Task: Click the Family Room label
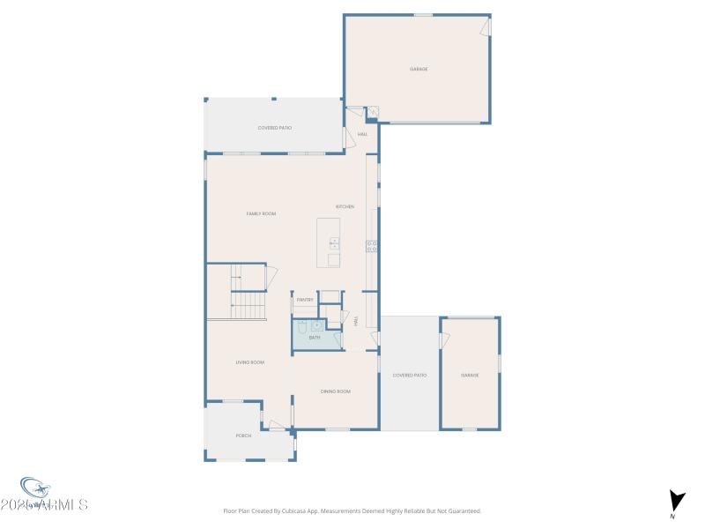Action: [261, 213]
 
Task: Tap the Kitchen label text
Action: [345, 206]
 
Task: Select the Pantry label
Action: [305, 300]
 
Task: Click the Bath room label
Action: [315, 338]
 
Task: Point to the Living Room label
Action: [249, 362]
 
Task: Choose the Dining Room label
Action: [335, 391]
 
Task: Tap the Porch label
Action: [243, 436]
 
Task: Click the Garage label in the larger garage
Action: [419, 69]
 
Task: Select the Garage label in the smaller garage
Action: [470, 376]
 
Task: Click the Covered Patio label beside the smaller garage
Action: [410, 376]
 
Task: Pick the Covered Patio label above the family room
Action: [275, 128]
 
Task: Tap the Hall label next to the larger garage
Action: [362, 135]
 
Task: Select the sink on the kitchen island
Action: [334, 243]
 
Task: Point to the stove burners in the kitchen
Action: [372, 246]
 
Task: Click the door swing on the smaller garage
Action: [446, 339]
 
